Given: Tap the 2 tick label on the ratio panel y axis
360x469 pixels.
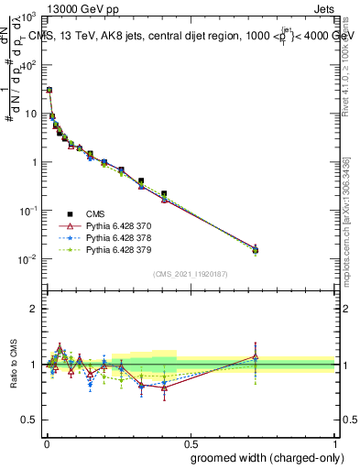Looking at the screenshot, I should (33, 309).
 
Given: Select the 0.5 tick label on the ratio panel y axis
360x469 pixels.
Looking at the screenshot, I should (29, 420).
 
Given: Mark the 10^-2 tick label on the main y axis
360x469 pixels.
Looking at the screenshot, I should (27, 259).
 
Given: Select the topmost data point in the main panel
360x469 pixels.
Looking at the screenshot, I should (49, 91).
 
